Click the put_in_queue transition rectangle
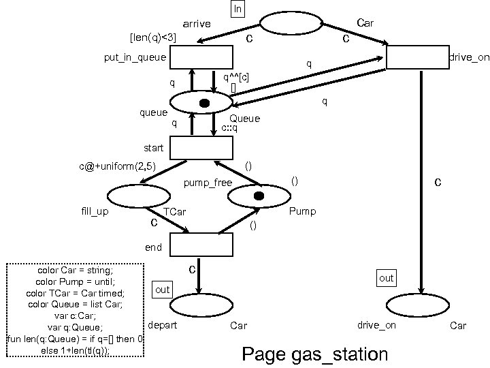(201, 58)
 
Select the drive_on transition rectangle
(417, 57)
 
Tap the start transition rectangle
(201, 147)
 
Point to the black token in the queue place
(203, 103)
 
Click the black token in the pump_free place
(259, 196)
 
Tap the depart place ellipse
(201, 307)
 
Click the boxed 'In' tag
(238, 9)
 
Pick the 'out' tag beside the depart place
(163, 290)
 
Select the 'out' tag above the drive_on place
(386, 278)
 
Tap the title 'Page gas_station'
(314, 354)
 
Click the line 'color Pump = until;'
(75, 281)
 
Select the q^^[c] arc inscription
(235, 76)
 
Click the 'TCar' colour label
(174, 212)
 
